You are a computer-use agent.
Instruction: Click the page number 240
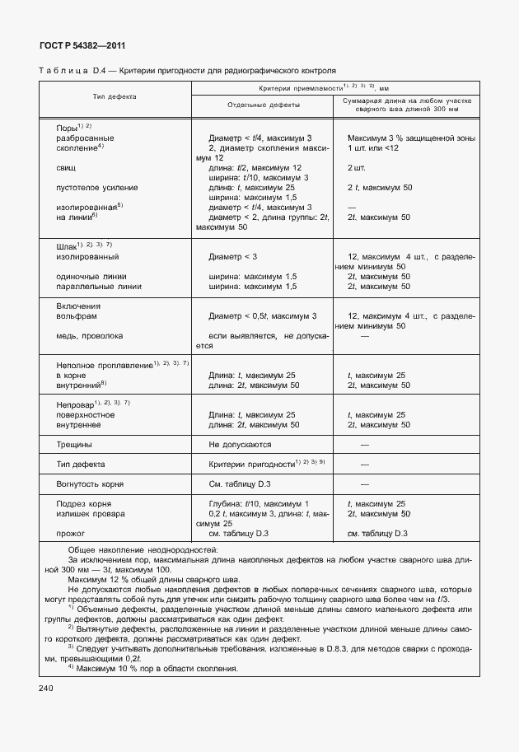(x=46, y=688)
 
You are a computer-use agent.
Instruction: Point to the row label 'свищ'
(x=64, y=167)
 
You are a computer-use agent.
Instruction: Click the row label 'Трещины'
(x=73, y=443)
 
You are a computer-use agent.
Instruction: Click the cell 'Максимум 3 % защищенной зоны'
(x=411, y=138)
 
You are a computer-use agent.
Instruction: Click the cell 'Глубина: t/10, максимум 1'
(x=259, y=503)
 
